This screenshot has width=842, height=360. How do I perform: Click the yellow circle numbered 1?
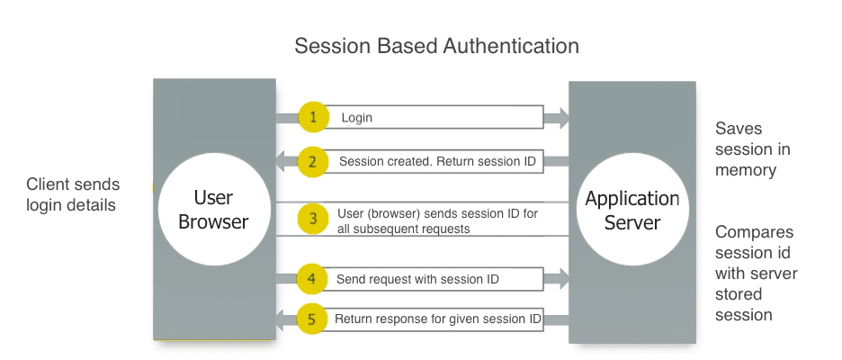(314, 117)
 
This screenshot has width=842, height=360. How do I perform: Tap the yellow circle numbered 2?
(312, 162)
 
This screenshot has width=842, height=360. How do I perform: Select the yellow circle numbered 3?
(312, 219)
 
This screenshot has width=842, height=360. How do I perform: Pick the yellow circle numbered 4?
(311, 279)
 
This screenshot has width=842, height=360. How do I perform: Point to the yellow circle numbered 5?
(311, 318)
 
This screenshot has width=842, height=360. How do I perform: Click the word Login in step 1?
(356, 118)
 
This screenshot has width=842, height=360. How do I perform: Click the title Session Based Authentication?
(437, 46)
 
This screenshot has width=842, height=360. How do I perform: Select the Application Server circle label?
(632, 210)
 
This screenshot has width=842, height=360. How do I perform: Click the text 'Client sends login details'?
(73, 194)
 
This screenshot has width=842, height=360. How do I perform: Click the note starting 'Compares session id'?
(757, 274)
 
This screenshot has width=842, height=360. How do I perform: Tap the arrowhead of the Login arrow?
(560, 117)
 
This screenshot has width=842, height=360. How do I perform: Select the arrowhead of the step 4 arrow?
(560, 279)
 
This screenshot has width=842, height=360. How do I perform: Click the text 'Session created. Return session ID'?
(437, 162)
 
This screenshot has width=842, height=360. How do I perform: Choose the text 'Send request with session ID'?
(417, 280)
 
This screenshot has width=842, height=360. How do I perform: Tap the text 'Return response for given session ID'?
(438, 319)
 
